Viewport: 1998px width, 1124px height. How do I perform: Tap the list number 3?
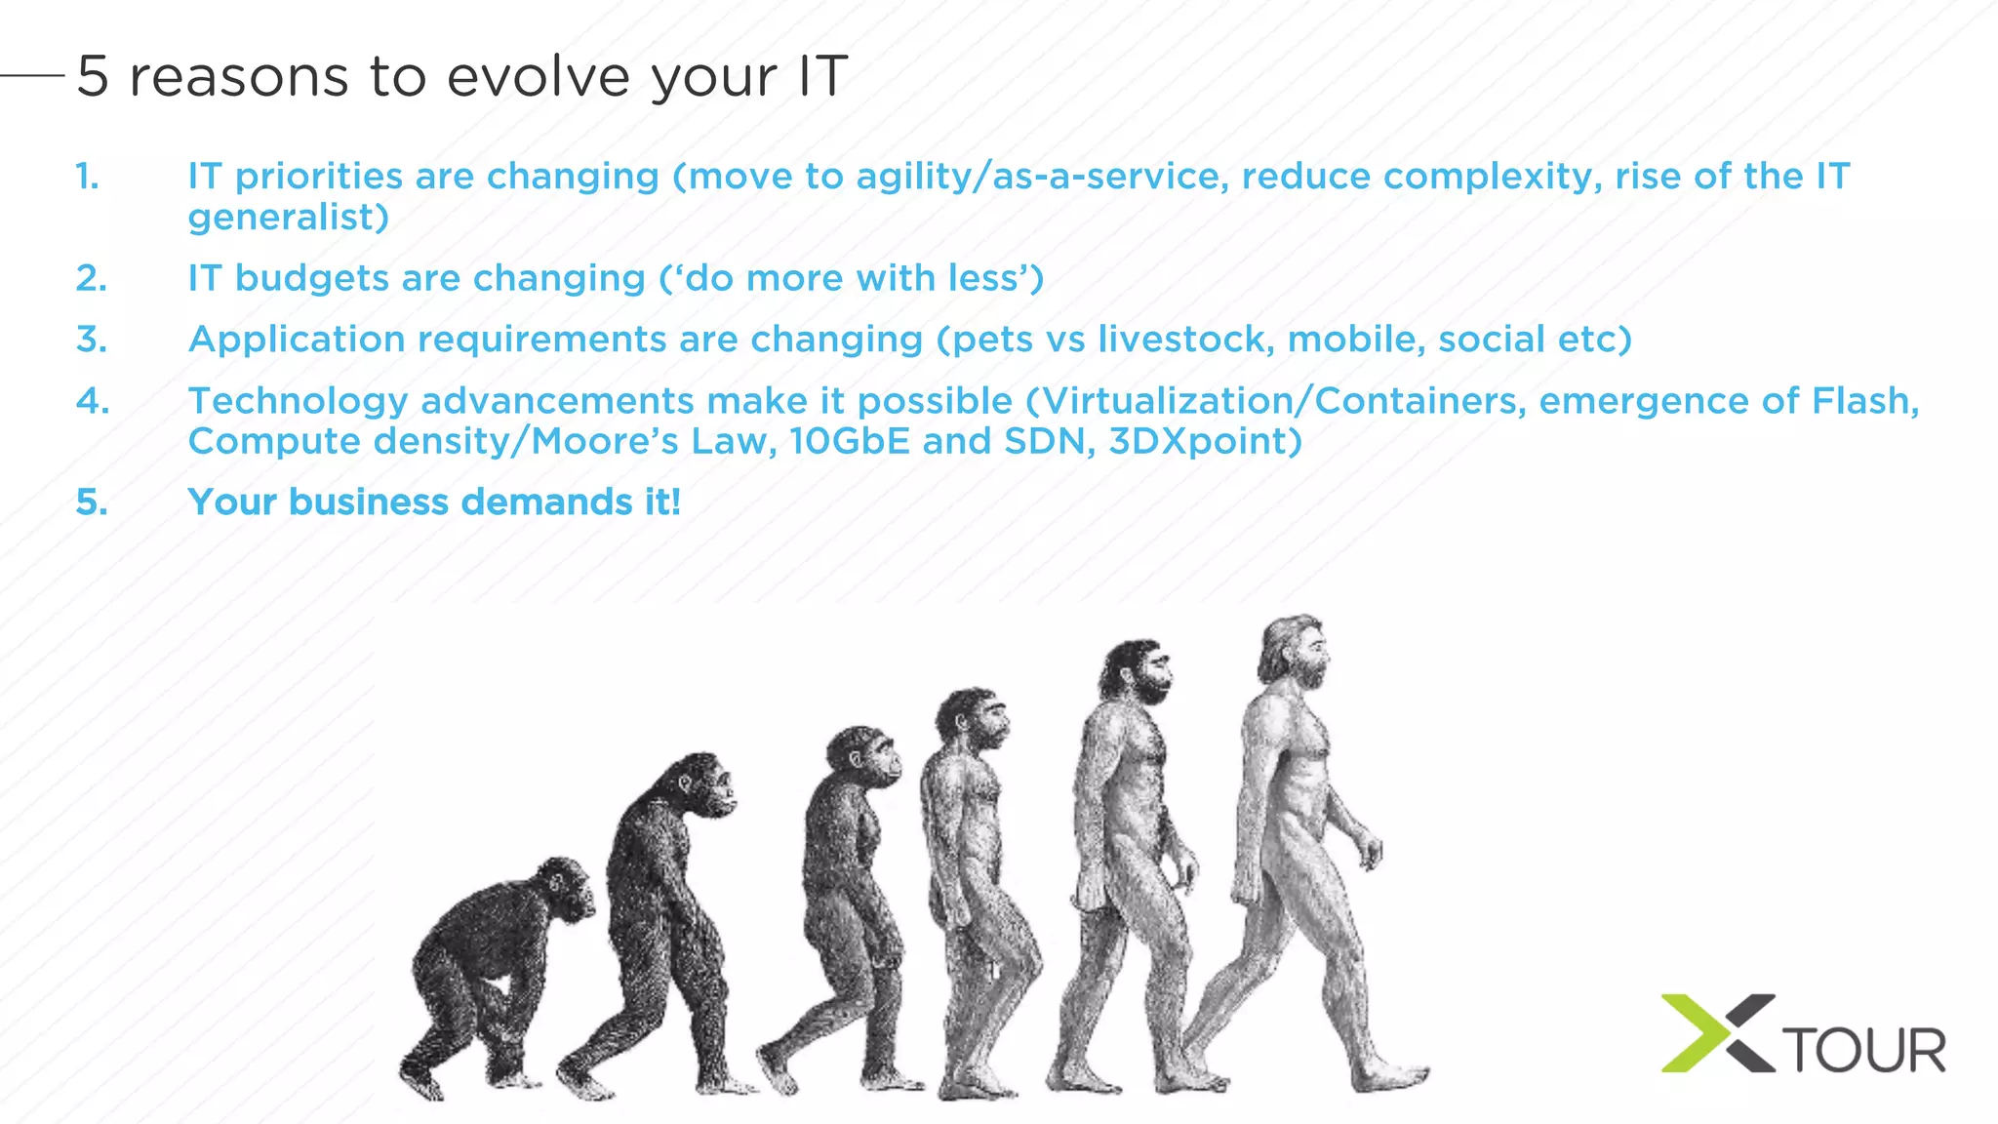(92, 340)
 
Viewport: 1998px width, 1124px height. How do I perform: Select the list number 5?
(92, 502)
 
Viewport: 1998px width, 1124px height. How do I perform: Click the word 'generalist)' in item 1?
(289, 218)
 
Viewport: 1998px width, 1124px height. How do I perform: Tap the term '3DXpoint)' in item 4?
(1205, 442)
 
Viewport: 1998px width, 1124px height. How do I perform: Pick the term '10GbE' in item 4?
(849, 442)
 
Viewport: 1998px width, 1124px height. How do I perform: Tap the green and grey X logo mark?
(1717, 1033)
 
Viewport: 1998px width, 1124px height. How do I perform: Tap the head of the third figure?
(864, 755)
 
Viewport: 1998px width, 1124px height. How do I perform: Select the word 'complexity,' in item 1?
(1493, 177)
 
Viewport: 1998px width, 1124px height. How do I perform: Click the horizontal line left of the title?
(32, 74)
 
